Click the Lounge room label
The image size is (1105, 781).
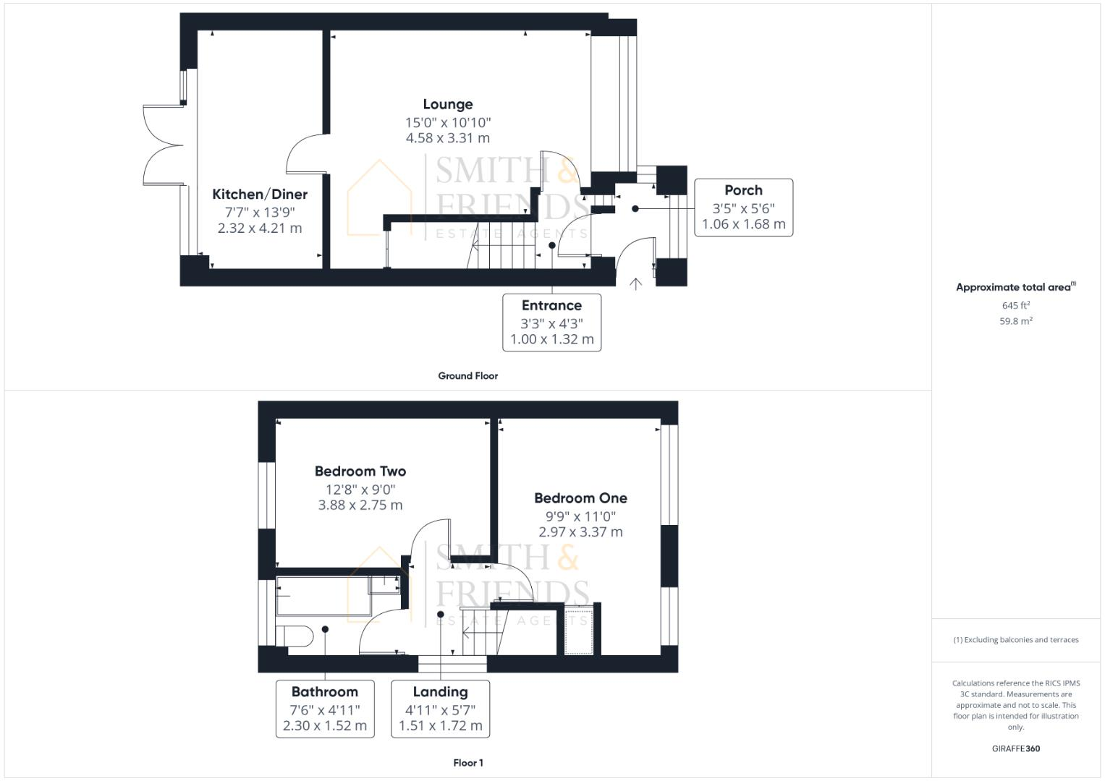448,105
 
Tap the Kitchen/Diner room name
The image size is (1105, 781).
260,195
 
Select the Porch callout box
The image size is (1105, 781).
743,207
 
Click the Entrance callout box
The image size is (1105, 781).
551,322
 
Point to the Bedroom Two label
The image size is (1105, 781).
360,471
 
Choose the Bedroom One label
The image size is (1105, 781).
580,498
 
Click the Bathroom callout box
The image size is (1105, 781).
325,708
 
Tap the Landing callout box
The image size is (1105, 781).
440,708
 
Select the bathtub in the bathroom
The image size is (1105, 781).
323,596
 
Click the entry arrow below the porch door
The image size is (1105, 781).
635,284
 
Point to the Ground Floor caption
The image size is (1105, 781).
467,376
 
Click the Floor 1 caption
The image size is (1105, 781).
467,763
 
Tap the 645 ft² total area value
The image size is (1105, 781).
1015,306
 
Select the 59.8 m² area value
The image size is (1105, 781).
1015,321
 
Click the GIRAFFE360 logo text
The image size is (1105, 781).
1015,748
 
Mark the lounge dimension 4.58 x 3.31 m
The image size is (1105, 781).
448,138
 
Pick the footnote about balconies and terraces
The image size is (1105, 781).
1015,640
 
